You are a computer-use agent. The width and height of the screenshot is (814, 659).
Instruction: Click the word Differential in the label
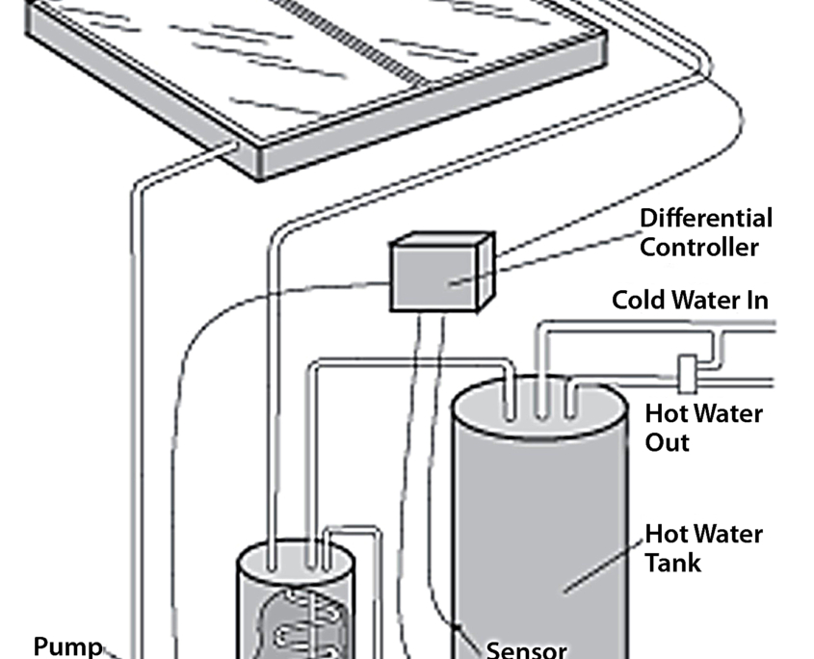(x=706, y=219)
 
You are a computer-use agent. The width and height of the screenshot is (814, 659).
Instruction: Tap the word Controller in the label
(x=699, y=247)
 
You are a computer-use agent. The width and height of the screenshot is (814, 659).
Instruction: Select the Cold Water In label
(x=690, y=300)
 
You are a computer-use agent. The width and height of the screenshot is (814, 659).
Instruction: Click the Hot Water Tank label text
(x=703, y=547)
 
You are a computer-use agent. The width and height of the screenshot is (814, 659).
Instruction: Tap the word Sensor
(x=526, y=649)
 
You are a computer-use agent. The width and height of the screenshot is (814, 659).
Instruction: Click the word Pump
(x=68, y=646)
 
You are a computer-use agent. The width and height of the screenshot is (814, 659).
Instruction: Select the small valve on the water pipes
(x=687, y=373)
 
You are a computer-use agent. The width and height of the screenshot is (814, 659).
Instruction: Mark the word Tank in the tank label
(x=673, y=562)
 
